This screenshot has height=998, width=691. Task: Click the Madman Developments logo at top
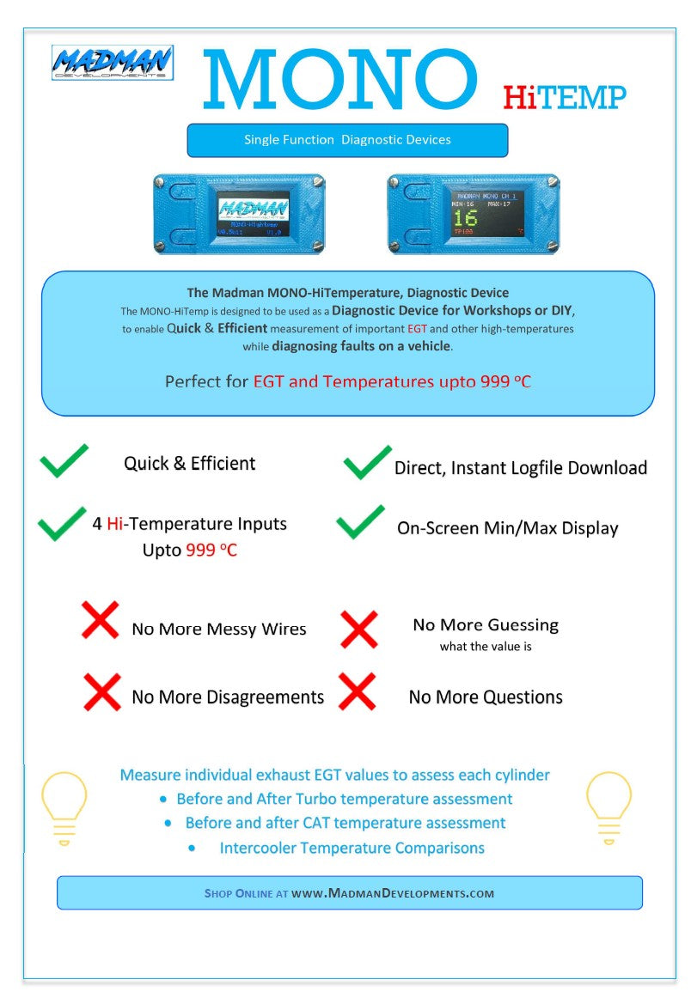112,64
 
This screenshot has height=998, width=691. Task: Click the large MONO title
339,79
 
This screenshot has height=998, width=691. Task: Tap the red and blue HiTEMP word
565,98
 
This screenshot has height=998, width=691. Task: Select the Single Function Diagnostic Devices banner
347,140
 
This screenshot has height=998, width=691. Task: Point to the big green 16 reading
465,217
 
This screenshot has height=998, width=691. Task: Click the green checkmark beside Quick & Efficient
64,460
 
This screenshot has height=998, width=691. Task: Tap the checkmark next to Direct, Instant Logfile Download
367,463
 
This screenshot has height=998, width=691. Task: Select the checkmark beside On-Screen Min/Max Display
360,522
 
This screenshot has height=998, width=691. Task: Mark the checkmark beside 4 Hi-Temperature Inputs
62,524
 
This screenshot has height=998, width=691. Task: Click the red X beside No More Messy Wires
100,620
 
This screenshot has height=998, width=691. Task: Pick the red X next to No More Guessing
358,629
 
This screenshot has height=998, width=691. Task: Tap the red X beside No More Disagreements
101,691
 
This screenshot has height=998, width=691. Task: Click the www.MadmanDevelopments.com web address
393,893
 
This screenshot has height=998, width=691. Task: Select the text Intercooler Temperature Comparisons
352,849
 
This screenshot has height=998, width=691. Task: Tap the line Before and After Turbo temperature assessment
344,799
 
